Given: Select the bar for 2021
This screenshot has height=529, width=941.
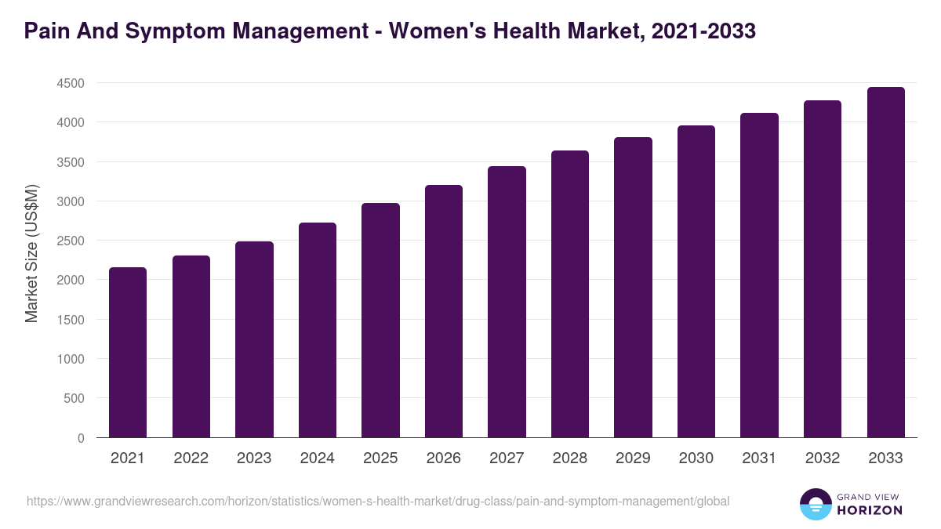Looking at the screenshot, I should tap(127, 353).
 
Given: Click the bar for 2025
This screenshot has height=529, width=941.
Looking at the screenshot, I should tap(380, 321).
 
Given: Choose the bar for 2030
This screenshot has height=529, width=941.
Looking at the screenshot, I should tap(696, 281).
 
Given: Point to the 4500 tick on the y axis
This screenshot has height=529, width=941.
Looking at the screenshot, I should tap(70, 83).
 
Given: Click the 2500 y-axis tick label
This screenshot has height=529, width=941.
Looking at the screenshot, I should tap(70, 241).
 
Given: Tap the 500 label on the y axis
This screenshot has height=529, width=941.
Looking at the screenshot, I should tap(74, 398).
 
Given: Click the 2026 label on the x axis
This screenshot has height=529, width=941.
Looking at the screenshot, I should tap(444, 458).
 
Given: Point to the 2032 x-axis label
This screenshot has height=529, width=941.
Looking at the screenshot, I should tap(823, 458).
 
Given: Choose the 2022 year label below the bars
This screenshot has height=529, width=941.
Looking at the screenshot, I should tap(191, 458).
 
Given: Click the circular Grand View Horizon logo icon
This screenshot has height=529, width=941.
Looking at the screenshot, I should tap(815, 504).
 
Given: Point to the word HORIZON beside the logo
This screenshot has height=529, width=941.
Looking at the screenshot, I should tap(869, 510).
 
